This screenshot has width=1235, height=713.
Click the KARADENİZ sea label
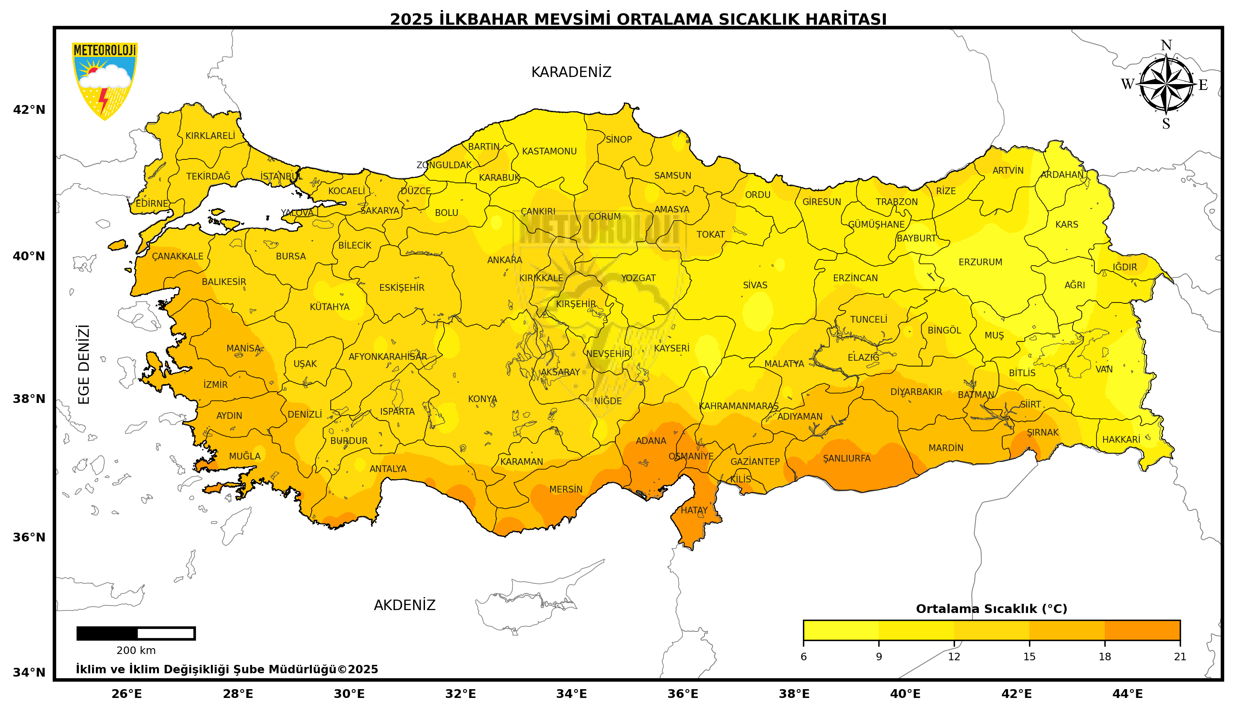571,72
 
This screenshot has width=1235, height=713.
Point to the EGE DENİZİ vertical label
84,364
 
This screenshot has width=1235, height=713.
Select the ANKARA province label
504,260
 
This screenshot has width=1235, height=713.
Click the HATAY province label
694,510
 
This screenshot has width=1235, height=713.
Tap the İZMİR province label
216,385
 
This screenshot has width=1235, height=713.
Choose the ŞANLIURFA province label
846,458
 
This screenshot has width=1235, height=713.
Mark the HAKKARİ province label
1121,439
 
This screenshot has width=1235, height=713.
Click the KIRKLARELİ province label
210,136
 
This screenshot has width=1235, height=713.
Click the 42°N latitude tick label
29,110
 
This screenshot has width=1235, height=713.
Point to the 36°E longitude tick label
682,694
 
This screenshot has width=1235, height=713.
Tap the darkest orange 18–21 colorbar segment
1142,630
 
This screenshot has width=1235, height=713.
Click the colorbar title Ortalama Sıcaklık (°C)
991,609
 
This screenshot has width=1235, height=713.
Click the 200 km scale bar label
136,650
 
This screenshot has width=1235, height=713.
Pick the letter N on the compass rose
1166,46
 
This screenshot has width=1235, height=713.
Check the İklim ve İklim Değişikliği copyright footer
226,669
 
